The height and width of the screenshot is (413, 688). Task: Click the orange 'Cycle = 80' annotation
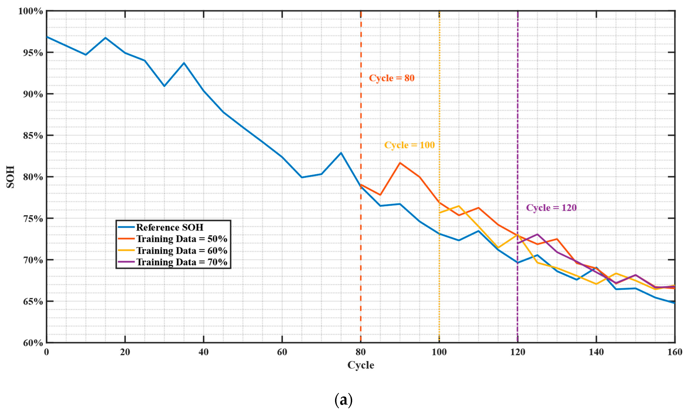[391, 78]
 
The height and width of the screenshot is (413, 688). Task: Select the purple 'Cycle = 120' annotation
[551, 208]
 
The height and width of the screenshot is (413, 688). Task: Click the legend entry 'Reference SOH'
[169, 227]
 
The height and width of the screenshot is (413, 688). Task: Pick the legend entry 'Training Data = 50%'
[181, 239]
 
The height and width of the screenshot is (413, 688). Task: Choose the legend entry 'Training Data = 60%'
[181, 251]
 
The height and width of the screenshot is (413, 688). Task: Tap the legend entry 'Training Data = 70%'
[181, 262]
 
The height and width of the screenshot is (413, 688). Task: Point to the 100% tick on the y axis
[31, 11]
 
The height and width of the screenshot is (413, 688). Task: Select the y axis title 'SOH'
[10, 177]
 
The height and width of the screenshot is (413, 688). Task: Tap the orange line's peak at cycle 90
[400, 163]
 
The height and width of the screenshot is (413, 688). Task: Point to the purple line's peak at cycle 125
[537, 234]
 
